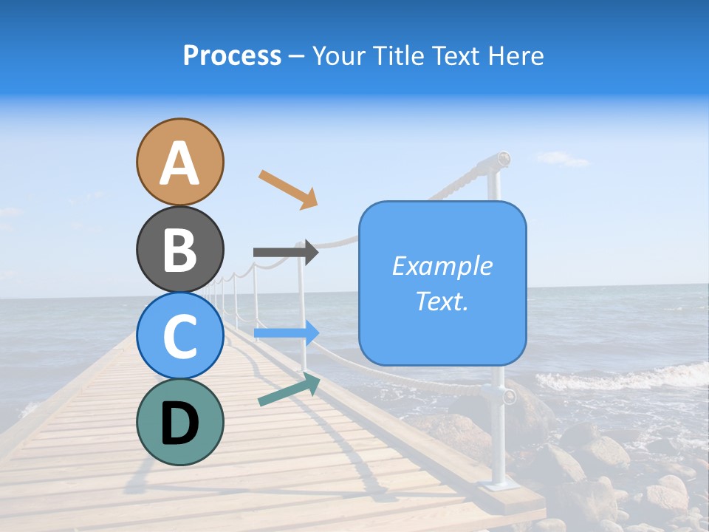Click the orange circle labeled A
click(180, 162)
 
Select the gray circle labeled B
click(180, 249)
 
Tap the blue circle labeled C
click(180, 335)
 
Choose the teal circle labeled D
click(180, 422)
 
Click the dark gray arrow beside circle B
click(285, 252)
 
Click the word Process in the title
click(232, 55)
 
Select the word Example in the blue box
click(442, 266)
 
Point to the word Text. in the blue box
click(442, 301)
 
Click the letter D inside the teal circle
click(180, 423)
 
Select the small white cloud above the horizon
click(563, 158)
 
